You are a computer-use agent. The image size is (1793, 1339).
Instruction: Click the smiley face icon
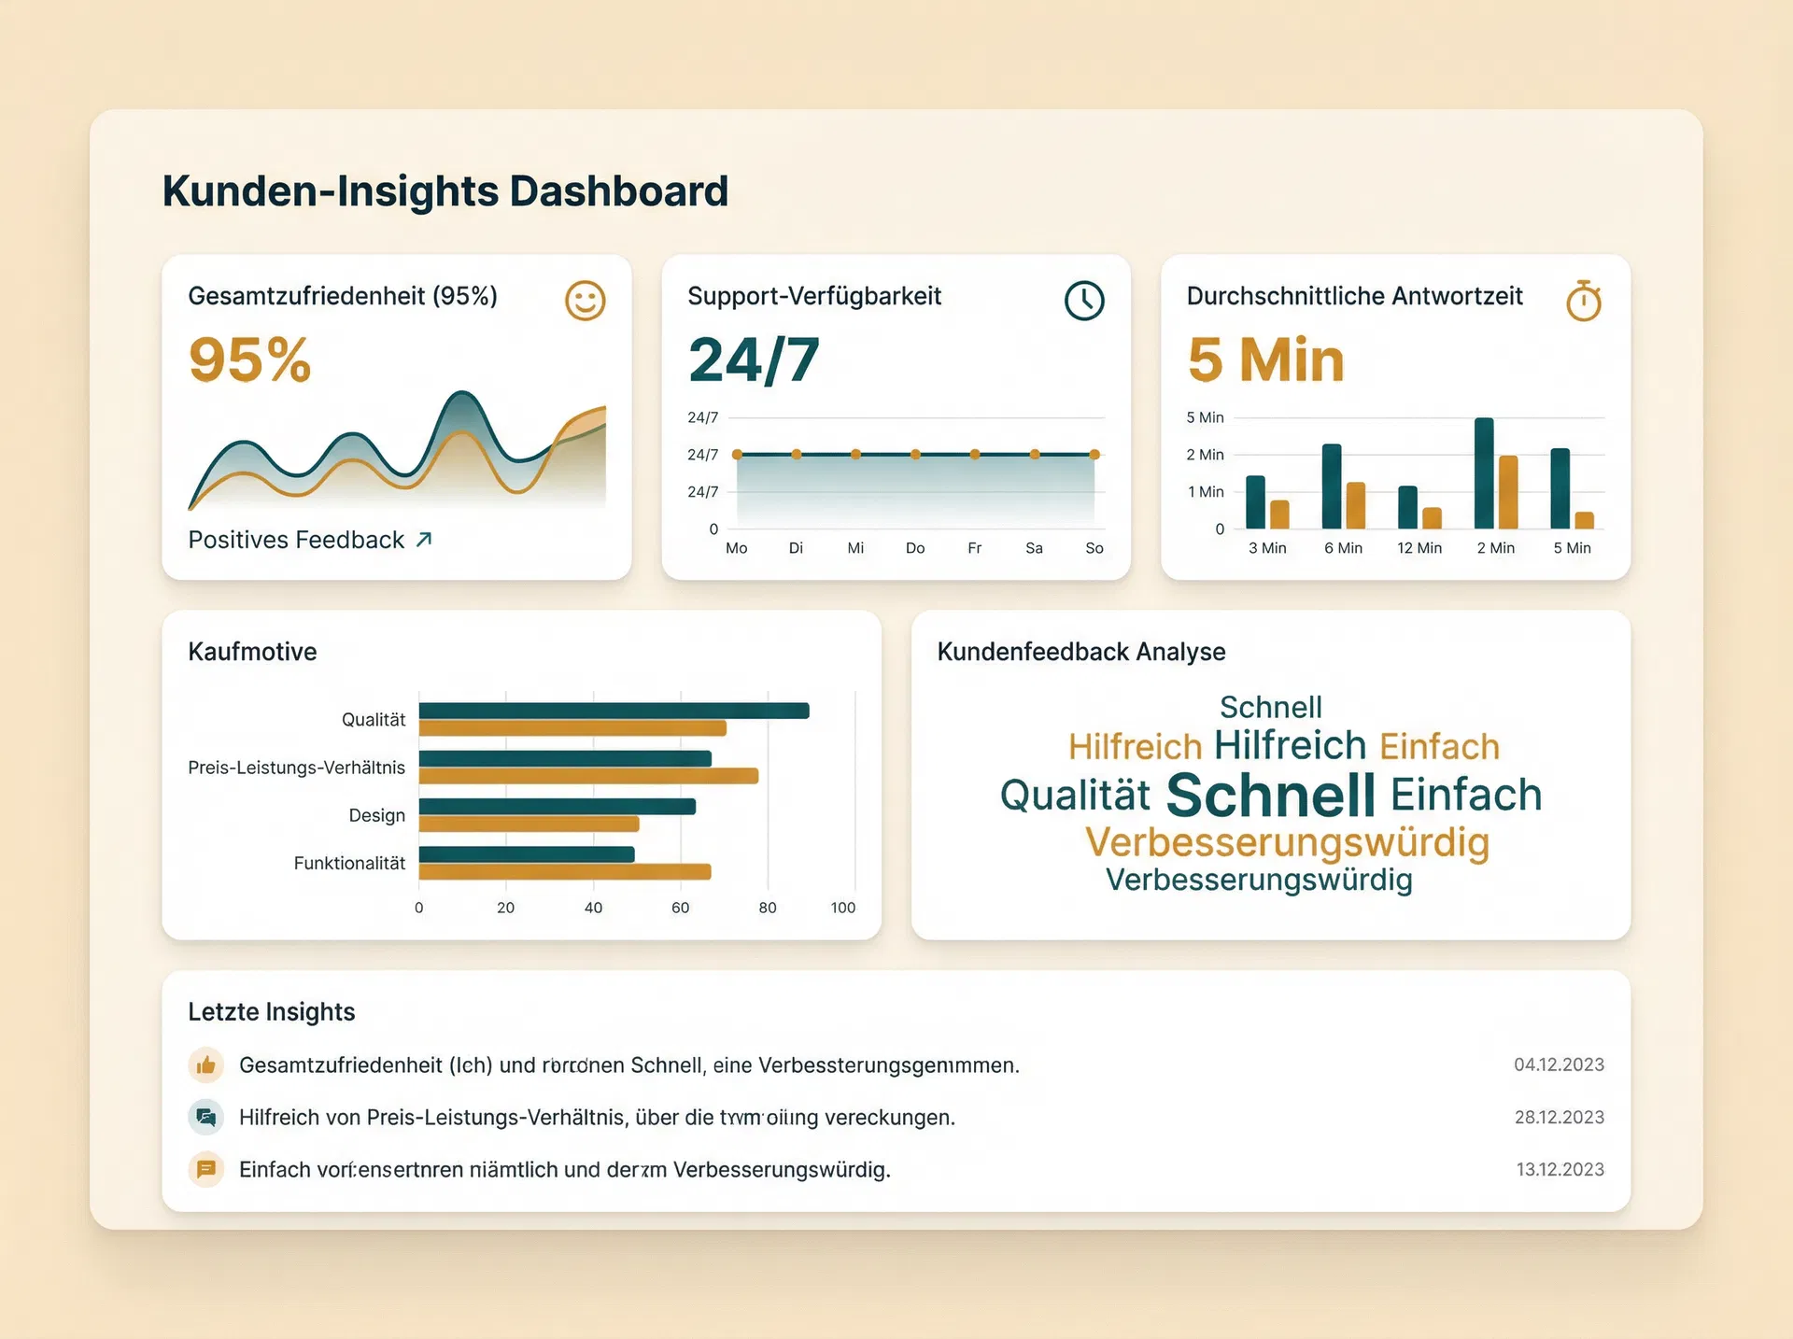click(x=586, y=301)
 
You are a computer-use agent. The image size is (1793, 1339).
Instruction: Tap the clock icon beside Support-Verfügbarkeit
click(x=1084, y=301)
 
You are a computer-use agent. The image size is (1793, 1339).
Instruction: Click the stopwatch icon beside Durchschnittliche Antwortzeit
click(x=1584, y=301)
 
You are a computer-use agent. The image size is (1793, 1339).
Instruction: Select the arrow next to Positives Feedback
click(x=424, y=540)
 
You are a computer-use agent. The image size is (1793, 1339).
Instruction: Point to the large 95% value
click(x=249, y=359)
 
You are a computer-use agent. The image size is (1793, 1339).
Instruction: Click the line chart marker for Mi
click(x=855, y=455)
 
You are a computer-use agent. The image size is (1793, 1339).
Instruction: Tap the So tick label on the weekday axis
click(x=1094, y=548)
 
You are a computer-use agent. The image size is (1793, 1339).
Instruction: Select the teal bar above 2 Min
click(x=1483, y=472)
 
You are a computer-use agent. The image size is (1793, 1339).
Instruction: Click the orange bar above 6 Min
click(x=1356, y=505)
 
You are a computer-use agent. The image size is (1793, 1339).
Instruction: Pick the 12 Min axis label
click(x=1419, y=548)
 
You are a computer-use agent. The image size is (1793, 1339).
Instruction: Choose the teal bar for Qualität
click(x=614, y=711)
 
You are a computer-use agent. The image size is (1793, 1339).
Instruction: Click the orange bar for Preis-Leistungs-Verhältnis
click(x=588, y=776)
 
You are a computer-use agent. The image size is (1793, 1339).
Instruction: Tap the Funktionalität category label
click(x=349, y=863)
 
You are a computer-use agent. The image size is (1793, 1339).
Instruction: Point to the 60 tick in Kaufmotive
click(x=680, y=908)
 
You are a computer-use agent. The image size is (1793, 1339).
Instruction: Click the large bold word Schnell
click(x=1270, y=795)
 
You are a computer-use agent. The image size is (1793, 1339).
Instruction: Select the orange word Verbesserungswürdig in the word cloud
click(x=1287, y=842)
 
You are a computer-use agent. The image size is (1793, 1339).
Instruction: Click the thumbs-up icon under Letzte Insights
click(x=206, y=1065)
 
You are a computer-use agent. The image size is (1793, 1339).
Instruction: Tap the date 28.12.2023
click(x=1559, y=1118)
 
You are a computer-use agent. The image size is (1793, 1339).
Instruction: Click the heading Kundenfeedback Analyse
click(x=1080, y=652)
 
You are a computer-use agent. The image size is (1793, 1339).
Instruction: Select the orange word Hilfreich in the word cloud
click(x=1135, y=747)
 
